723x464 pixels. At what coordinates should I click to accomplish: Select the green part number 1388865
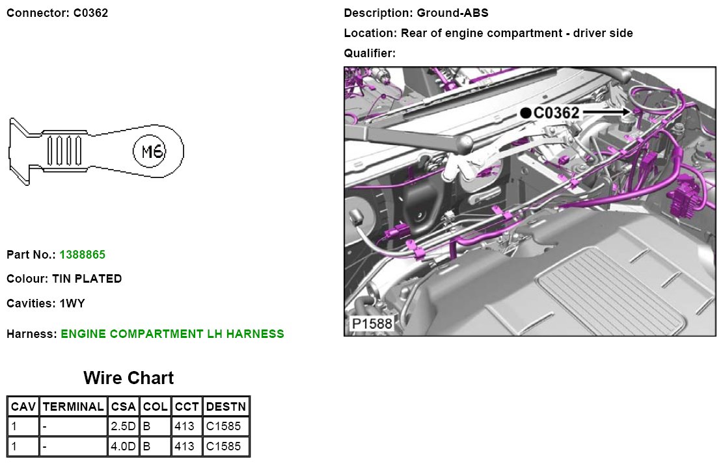pos(82,255)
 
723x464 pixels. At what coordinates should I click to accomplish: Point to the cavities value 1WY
pos(72,303)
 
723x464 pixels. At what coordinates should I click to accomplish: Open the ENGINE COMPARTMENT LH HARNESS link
pos(172,334)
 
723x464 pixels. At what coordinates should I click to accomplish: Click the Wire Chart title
pos(128,378)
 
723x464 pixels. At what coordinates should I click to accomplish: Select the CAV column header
pos(23,407)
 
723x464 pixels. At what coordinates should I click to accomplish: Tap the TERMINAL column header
pos(73,407)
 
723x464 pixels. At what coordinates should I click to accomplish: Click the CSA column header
pos(123,407)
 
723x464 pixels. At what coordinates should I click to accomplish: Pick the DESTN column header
pos(226,407)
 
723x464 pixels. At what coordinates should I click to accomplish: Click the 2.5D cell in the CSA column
pos(123,427)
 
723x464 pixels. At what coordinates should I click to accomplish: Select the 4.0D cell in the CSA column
pos(123,446)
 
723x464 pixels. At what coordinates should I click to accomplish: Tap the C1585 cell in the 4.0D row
pos(223,446)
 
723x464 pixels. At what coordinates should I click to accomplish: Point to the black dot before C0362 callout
pos(526,113)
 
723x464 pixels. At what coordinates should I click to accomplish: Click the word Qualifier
pos(369,53)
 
